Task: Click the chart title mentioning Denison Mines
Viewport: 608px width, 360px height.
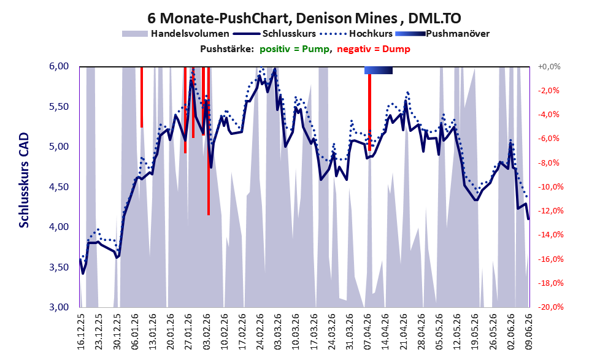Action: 304,18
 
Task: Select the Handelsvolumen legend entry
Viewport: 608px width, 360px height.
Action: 175,34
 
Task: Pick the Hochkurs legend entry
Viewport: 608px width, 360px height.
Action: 356,34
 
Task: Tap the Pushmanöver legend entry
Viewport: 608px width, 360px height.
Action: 442,34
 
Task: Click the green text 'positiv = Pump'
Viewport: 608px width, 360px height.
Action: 294,49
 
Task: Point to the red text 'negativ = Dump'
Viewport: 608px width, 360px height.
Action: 374,49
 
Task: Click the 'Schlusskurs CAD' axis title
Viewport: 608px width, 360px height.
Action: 24,180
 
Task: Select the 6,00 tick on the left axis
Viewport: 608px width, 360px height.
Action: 59,66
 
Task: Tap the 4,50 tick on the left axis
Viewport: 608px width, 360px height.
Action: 59,187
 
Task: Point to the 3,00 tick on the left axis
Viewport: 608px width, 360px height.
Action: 59,307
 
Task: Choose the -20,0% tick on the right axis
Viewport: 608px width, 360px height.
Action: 550,307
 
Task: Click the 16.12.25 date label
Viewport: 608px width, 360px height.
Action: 81,331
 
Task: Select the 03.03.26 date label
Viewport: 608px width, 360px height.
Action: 278,331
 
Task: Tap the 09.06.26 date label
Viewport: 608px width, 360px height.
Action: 528,331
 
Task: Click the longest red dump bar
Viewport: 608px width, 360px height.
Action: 209,140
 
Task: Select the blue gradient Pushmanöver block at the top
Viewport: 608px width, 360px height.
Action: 379,70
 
